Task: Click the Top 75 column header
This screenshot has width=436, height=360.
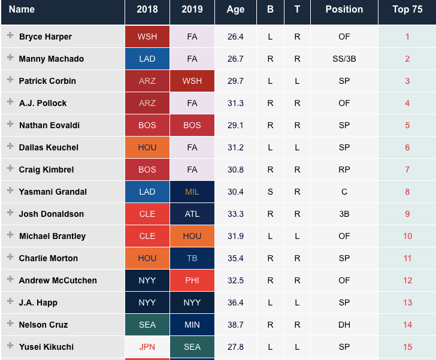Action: (407, 10)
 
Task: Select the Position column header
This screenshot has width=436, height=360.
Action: (344, 10)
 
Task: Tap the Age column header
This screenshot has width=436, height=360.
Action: (235, 10)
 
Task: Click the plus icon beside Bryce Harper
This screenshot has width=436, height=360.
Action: (10, 35)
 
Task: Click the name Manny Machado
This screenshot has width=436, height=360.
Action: (52, 59)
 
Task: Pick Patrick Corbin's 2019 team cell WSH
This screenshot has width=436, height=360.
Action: (192, 81)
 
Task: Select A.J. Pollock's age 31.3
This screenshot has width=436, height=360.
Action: (235, 103)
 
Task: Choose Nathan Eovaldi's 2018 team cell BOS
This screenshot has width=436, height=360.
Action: (147, 125)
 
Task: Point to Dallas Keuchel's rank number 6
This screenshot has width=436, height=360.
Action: (407, 147)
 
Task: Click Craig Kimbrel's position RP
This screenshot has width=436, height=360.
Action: (344, 170)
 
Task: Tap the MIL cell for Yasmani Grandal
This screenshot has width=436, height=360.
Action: (192, 192)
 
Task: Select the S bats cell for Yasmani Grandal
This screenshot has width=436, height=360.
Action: (270, 192)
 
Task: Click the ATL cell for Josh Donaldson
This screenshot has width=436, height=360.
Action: (192, 214)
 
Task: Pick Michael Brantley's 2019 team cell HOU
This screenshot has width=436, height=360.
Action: (192, 236)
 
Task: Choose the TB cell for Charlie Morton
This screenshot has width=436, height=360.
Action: (192, 258)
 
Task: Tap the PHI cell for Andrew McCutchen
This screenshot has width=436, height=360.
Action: (192, 280)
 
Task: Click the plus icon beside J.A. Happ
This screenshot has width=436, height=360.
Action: (10, 301)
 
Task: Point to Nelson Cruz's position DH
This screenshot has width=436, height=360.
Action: (344, 325)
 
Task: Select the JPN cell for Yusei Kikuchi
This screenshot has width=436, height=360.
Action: (147, 347)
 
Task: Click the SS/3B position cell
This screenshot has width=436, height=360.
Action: (344, 59)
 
